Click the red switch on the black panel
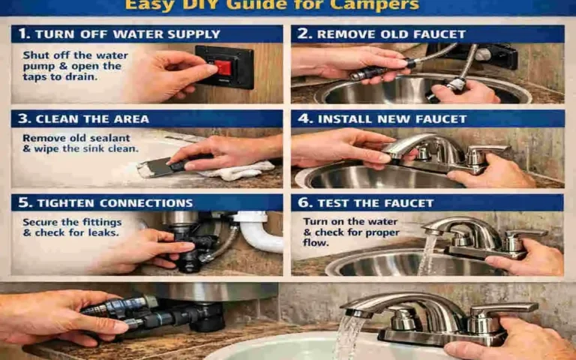223,67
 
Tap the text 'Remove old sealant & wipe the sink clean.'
80,143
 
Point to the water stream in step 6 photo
427,255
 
